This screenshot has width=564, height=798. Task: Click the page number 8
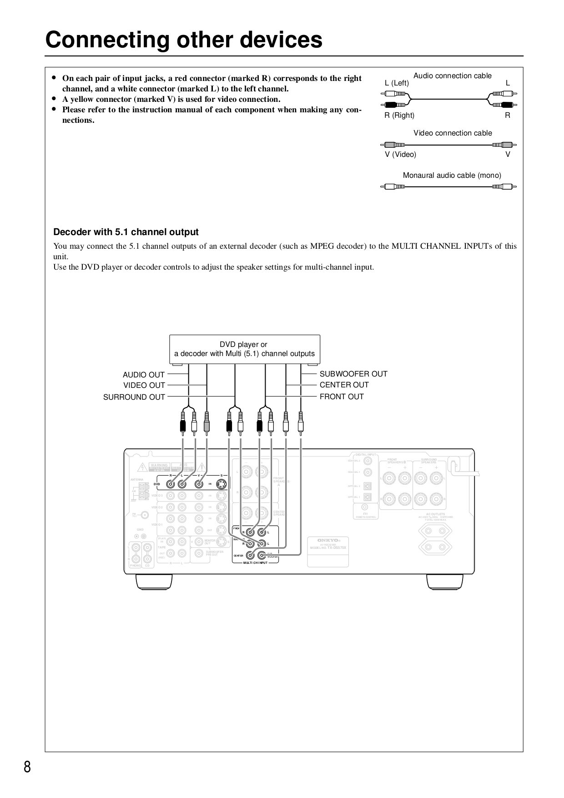click(27, 767)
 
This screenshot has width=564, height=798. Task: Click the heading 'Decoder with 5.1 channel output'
click(126, 232)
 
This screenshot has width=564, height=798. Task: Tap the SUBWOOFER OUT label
click(353, 374)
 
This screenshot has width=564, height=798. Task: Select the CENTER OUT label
click(344, 385)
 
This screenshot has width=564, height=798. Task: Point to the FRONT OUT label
click(342, 396)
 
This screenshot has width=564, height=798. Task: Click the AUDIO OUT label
click(144, 375)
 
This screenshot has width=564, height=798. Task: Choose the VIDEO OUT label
click(144, 386)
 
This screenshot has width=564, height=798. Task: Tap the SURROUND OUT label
click(134, 397)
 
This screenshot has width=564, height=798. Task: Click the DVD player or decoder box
click(245, 349)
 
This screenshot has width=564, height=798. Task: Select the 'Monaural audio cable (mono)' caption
click(452, 176)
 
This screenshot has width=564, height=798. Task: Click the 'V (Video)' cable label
click(400, 155)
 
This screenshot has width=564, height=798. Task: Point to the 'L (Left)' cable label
click(397, 83)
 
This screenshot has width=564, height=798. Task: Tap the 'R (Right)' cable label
click(399, 115)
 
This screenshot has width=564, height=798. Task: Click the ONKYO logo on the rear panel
click(327, 540)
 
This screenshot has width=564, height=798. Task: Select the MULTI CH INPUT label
click(256, 562)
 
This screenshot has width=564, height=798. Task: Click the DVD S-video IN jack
click(222, 484)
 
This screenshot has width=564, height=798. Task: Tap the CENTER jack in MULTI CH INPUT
click(250, 555)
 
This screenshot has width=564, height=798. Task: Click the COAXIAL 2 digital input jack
click(368, 461)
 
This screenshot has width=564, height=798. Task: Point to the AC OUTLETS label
click(435, 514)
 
